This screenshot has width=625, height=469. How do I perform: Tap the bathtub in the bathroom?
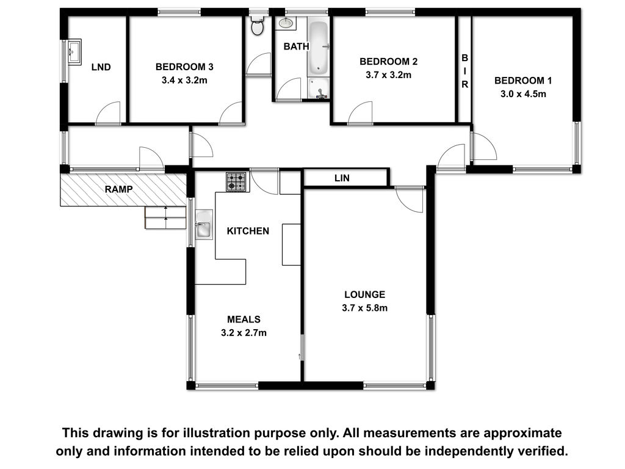(318, 48)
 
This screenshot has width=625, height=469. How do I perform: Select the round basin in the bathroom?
(286, 23)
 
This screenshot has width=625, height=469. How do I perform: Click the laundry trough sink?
(74, 51)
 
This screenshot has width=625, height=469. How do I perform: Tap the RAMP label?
(118, 189)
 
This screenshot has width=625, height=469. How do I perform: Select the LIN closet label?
(342, 178)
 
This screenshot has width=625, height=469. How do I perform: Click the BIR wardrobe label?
(464, 71)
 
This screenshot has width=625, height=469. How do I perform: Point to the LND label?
(101, 67)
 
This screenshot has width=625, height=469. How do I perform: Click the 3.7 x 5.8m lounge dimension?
(365, 308)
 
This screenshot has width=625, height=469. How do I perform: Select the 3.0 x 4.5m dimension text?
(523, 94)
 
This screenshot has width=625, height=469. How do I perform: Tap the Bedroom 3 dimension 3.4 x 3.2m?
(184, 80)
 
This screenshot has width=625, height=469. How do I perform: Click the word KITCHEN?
(248, 231)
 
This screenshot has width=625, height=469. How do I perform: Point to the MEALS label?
(244, 319)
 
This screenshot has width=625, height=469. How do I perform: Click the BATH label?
(296, 46)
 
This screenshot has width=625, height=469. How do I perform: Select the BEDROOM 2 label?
(389, 62)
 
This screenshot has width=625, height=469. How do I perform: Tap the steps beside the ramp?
(165, 218)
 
